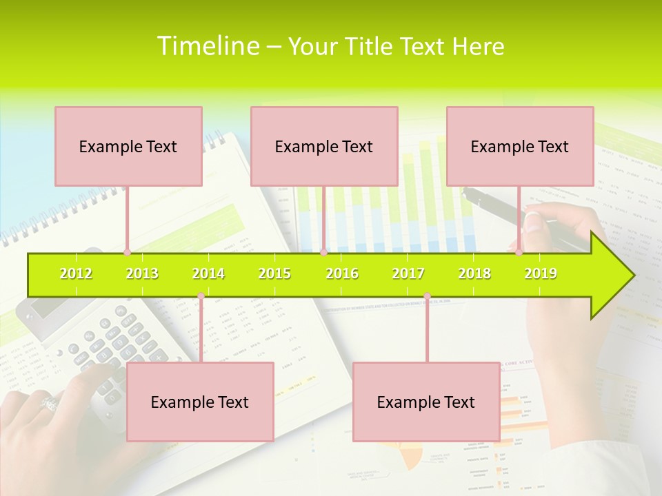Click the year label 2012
tap(76, 273)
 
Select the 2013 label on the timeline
tap(142, 273)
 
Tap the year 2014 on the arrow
tap(208, 273)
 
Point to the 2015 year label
tap(274, 273)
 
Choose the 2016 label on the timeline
tap(342, 273)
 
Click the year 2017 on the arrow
tap(408, 273)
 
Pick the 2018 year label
tap(474, 273)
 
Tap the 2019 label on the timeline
tap(541, 273)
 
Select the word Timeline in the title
tap(206, 46)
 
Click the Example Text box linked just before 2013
tap(128, 146)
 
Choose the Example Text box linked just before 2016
tap(324, 146)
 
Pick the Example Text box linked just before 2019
tap(520, 146)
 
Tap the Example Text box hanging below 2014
tap(200, 402)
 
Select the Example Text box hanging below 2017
tap(426, 402)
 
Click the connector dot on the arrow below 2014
tap(201, 296)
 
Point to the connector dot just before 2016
tap(323, 252)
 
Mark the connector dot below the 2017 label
tap(427, 296)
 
